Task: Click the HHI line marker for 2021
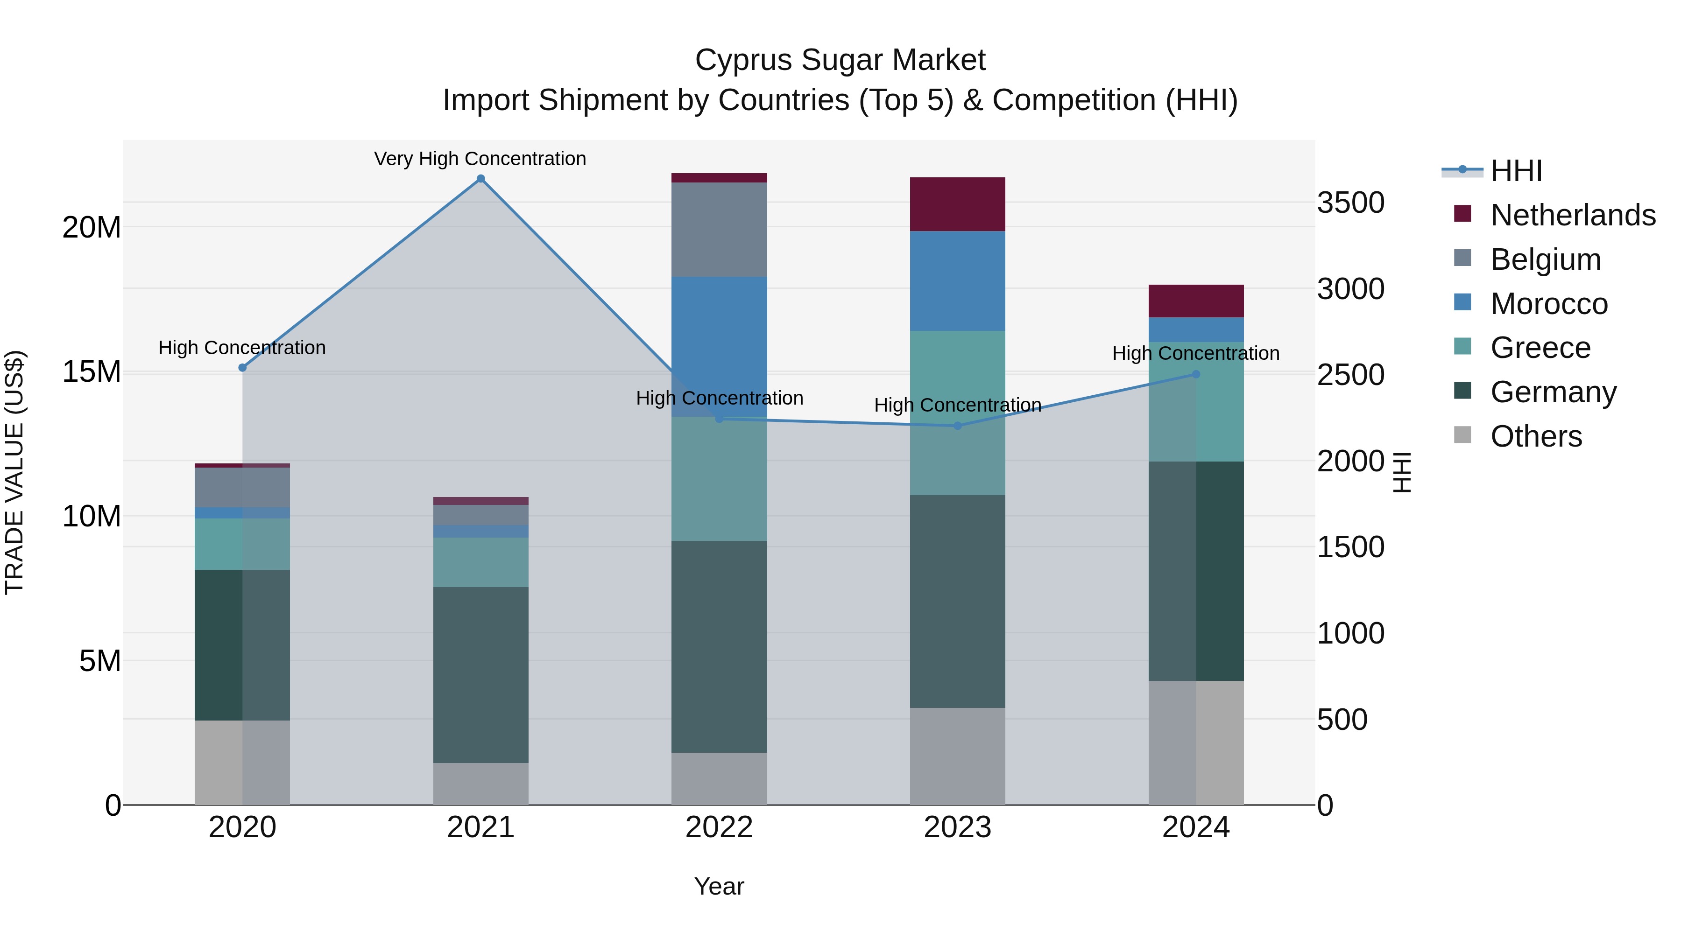(x=480, y=179)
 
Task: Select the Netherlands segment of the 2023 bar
(x=957, y=204)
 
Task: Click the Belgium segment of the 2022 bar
(x=719, y=230)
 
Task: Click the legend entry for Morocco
(x=1548, y=304)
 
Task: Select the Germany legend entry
(x=1553, y=392)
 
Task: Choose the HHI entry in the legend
(x=1516, y=171)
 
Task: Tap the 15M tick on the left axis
(x=92, y=372)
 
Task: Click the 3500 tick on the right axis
(x=1350, y=203)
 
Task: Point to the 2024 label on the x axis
(x=1195, y=827)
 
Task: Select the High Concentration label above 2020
(x=242, y=348)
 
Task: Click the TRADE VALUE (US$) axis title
(x=14, y=472)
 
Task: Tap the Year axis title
(x=719, y=886)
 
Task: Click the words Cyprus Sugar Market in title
(x=840, y=60)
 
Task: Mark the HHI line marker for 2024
(x=1195, y=374)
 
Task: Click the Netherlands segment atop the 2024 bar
(x=1195, y=301)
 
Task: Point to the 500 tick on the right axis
(x=1342, y=720)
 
